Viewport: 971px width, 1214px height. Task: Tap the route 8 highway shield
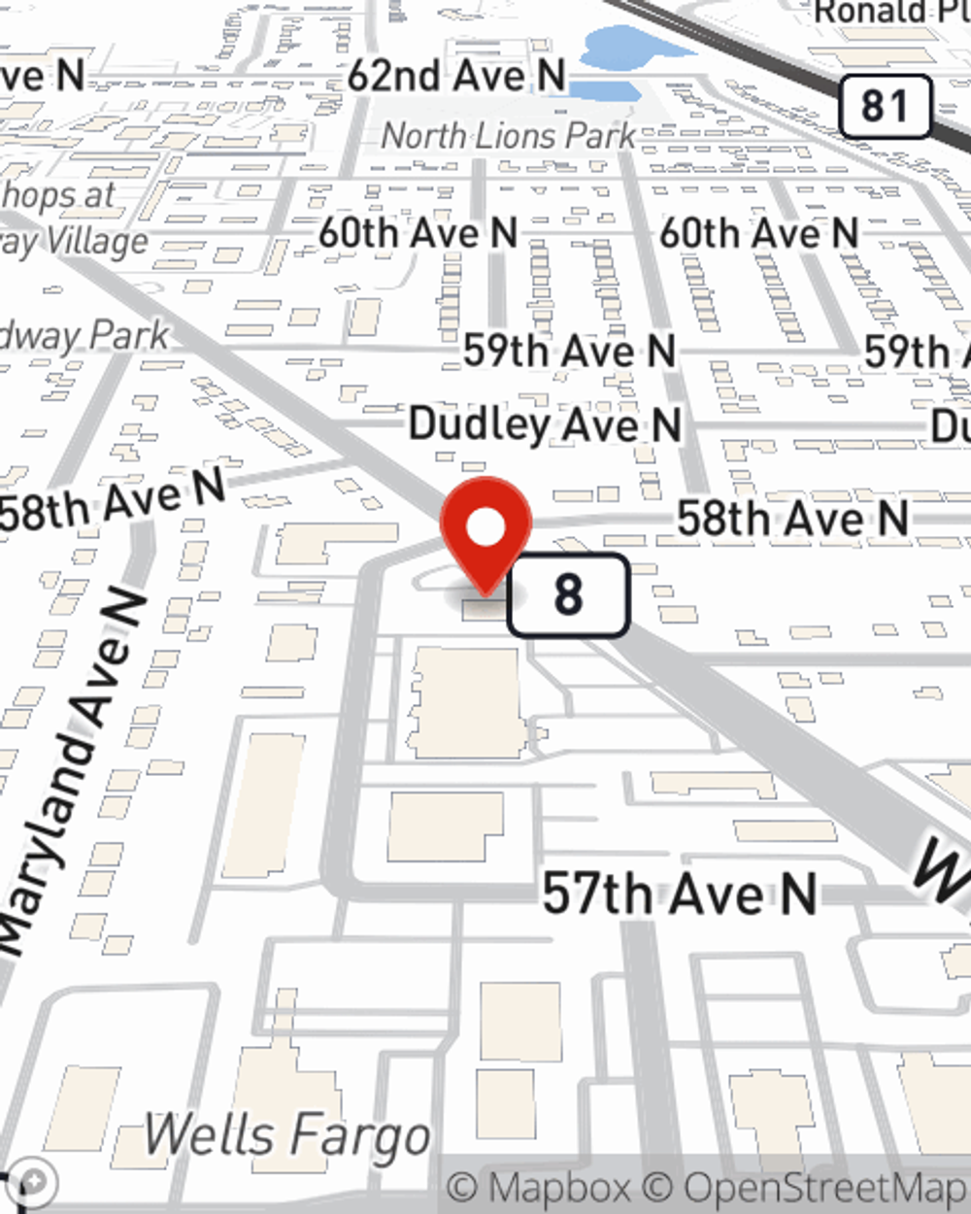coord(568,594)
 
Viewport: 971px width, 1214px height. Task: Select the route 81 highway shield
coord(884,106)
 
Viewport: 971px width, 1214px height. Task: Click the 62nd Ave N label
coord(456,76)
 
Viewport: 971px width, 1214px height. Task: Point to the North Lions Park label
coord(508,136)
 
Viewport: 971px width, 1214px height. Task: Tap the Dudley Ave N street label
coord(545,425)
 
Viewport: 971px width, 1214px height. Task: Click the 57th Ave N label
coord(679,894)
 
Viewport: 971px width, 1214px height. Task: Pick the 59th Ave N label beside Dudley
coord(569,351)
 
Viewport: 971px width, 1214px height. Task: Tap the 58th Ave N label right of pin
coord(792,517)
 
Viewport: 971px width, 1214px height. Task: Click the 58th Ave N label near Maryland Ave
coord(112,501)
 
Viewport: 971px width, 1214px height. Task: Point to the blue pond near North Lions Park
coord(621,49)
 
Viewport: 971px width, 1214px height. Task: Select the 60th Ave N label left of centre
coord(419,233)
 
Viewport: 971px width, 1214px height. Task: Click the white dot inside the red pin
coord(486,527)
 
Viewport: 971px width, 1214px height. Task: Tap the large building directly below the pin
coord(466,702)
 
